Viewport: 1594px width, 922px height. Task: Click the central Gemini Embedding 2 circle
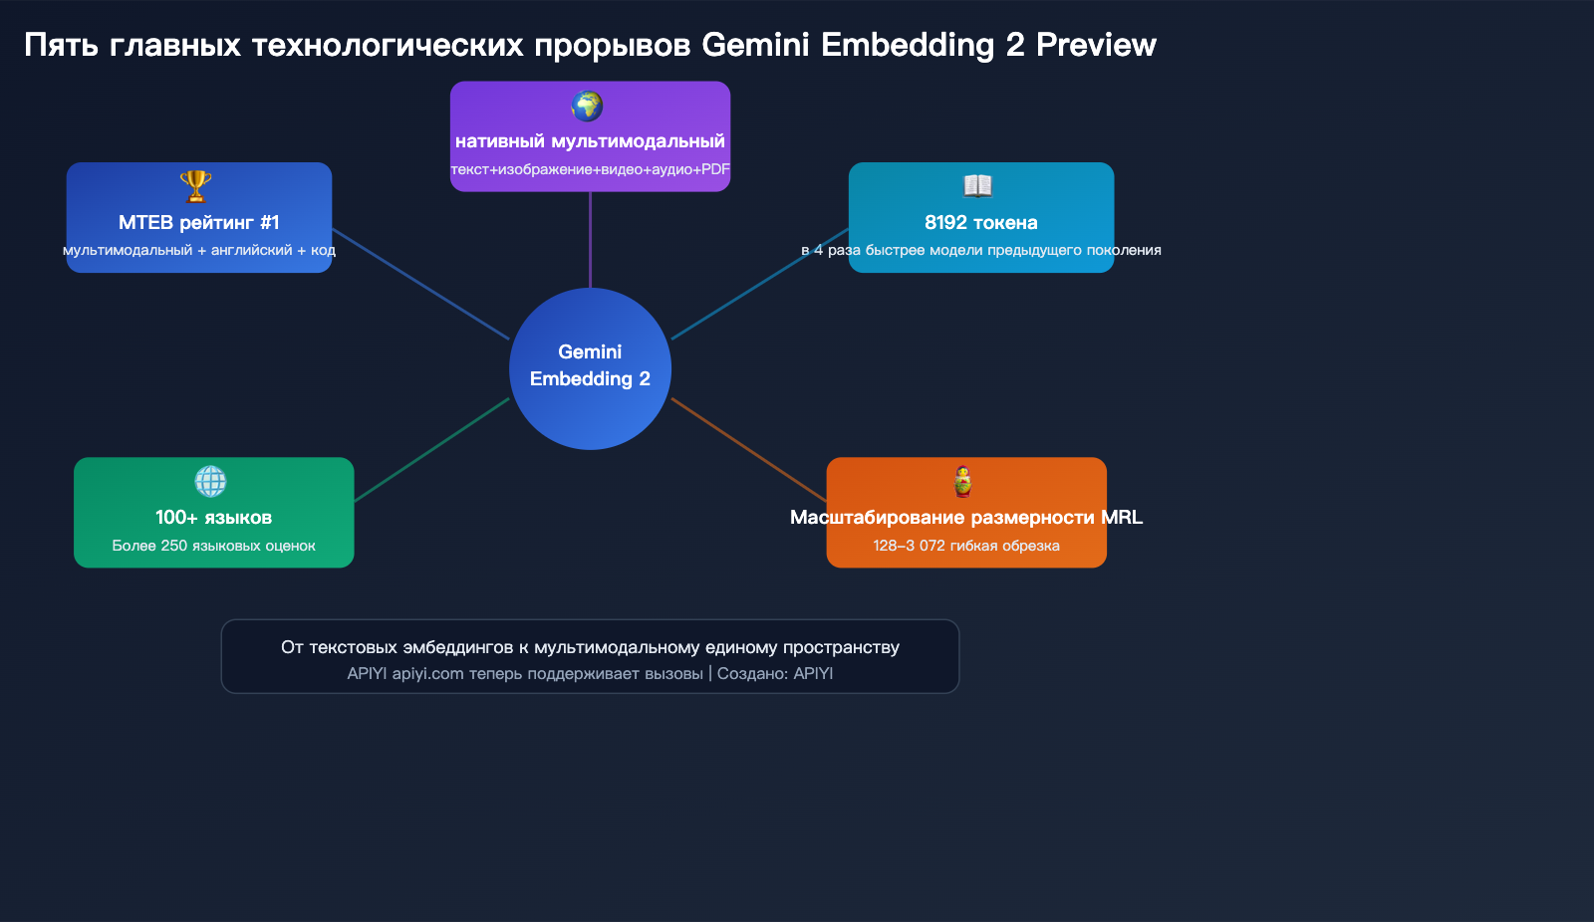click(590, 368)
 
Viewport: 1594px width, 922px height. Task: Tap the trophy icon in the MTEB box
click(195, 186)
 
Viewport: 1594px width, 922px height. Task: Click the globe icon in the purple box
click(587, 106)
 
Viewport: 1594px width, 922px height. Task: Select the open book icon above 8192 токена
click(977, 186)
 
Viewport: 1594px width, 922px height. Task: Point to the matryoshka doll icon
click(962, 481)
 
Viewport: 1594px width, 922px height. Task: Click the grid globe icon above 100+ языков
click(210, 481)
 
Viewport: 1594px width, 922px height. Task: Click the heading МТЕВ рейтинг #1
click(199, 222)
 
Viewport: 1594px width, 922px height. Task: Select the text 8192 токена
click(980, 222)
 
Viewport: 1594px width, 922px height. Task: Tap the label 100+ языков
click(213, 517)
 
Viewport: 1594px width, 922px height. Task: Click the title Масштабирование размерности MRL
click(965, 517)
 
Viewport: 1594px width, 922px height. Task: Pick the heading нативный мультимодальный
click(590, 141)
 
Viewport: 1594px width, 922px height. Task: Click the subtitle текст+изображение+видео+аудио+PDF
click(590, 169)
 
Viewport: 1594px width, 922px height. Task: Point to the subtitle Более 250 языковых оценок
click(213, 546)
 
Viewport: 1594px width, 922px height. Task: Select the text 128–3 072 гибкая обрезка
click(965, 546)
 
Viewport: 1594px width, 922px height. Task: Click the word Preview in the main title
click(1096, 45)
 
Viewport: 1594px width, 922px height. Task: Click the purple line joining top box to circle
click(590, 239)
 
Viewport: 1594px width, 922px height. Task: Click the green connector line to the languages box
click(431, 450)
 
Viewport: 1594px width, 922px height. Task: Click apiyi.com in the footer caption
click(427, 674)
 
